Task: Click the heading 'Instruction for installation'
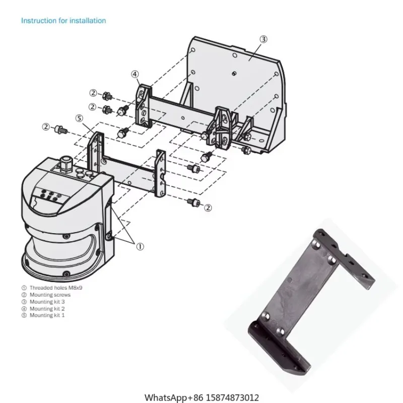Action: [63, 21]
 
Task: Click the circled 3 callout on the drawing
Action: [264, 40]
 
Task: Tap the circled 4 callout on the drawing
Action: [135, 74]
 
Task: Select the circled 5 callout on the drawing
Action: [79, 118]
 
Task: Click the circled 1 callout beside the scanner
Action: [140, 246]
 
